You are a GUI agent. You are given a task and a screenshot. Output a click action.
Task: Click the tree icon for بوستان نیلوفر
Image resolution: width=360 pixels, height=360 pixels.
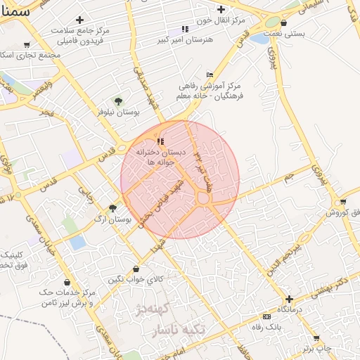[117, 102]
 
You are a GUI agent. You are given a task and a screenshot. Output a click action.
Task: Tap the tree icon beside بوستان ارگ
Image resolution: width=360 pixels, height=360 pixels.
[112, 208]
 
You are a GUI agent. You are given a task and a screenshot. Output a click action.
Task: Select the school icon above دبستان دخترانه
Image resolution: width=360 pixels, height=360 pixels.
[162, 142]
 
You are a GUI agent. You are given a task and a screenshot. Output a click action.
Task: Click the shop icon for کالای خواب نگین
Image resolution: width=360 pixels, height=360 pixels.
[136, 269]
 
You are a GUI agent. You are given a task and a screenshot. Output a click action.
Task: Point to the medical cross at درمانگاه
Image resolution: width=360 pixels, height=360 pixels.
[289, 299]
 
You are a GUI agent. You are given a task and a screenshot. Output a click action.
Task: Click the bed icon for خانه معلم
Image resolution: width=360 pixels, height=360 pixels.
[210, 75]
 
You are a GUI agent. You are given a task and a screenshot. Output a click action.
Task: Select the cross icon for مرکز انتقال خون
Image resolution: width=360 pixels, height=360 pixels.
[221, 10]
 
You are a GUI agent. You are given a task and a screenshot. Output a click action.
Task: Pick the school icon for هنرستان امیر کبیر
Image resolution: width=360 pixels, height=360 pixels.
[185, 30]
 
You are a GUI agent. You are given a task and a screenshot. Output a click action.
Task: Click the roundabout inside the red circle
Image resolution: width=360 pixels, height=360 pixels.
[204, 200]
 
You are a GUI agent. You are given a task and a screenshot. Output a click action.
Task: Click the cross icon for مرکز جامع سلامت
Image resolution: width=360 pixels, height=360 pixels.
[79, 20]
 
